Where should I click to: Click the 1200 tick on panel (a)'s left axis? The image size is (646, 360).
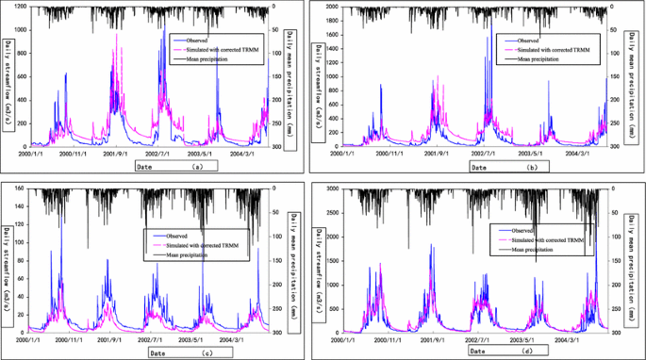(19, 8)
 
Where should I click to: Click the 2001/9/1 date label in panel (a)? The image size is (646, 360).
(117, 154)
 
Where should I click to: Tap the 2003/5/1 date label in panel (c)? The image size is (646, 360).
(201, 339)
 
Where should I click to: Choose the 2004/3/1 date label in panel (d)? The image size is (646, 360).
(569, 339)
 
